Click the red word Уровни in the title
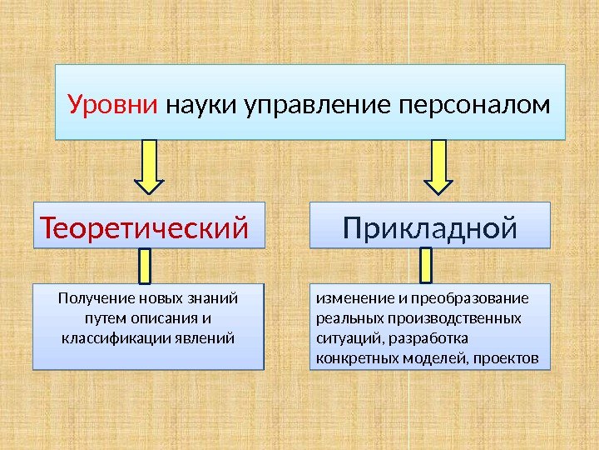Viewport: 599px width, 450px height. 113,106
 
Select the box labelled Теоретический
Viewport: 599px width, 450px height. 149,226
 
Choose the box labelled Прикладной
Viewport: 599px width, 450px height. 430,226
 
